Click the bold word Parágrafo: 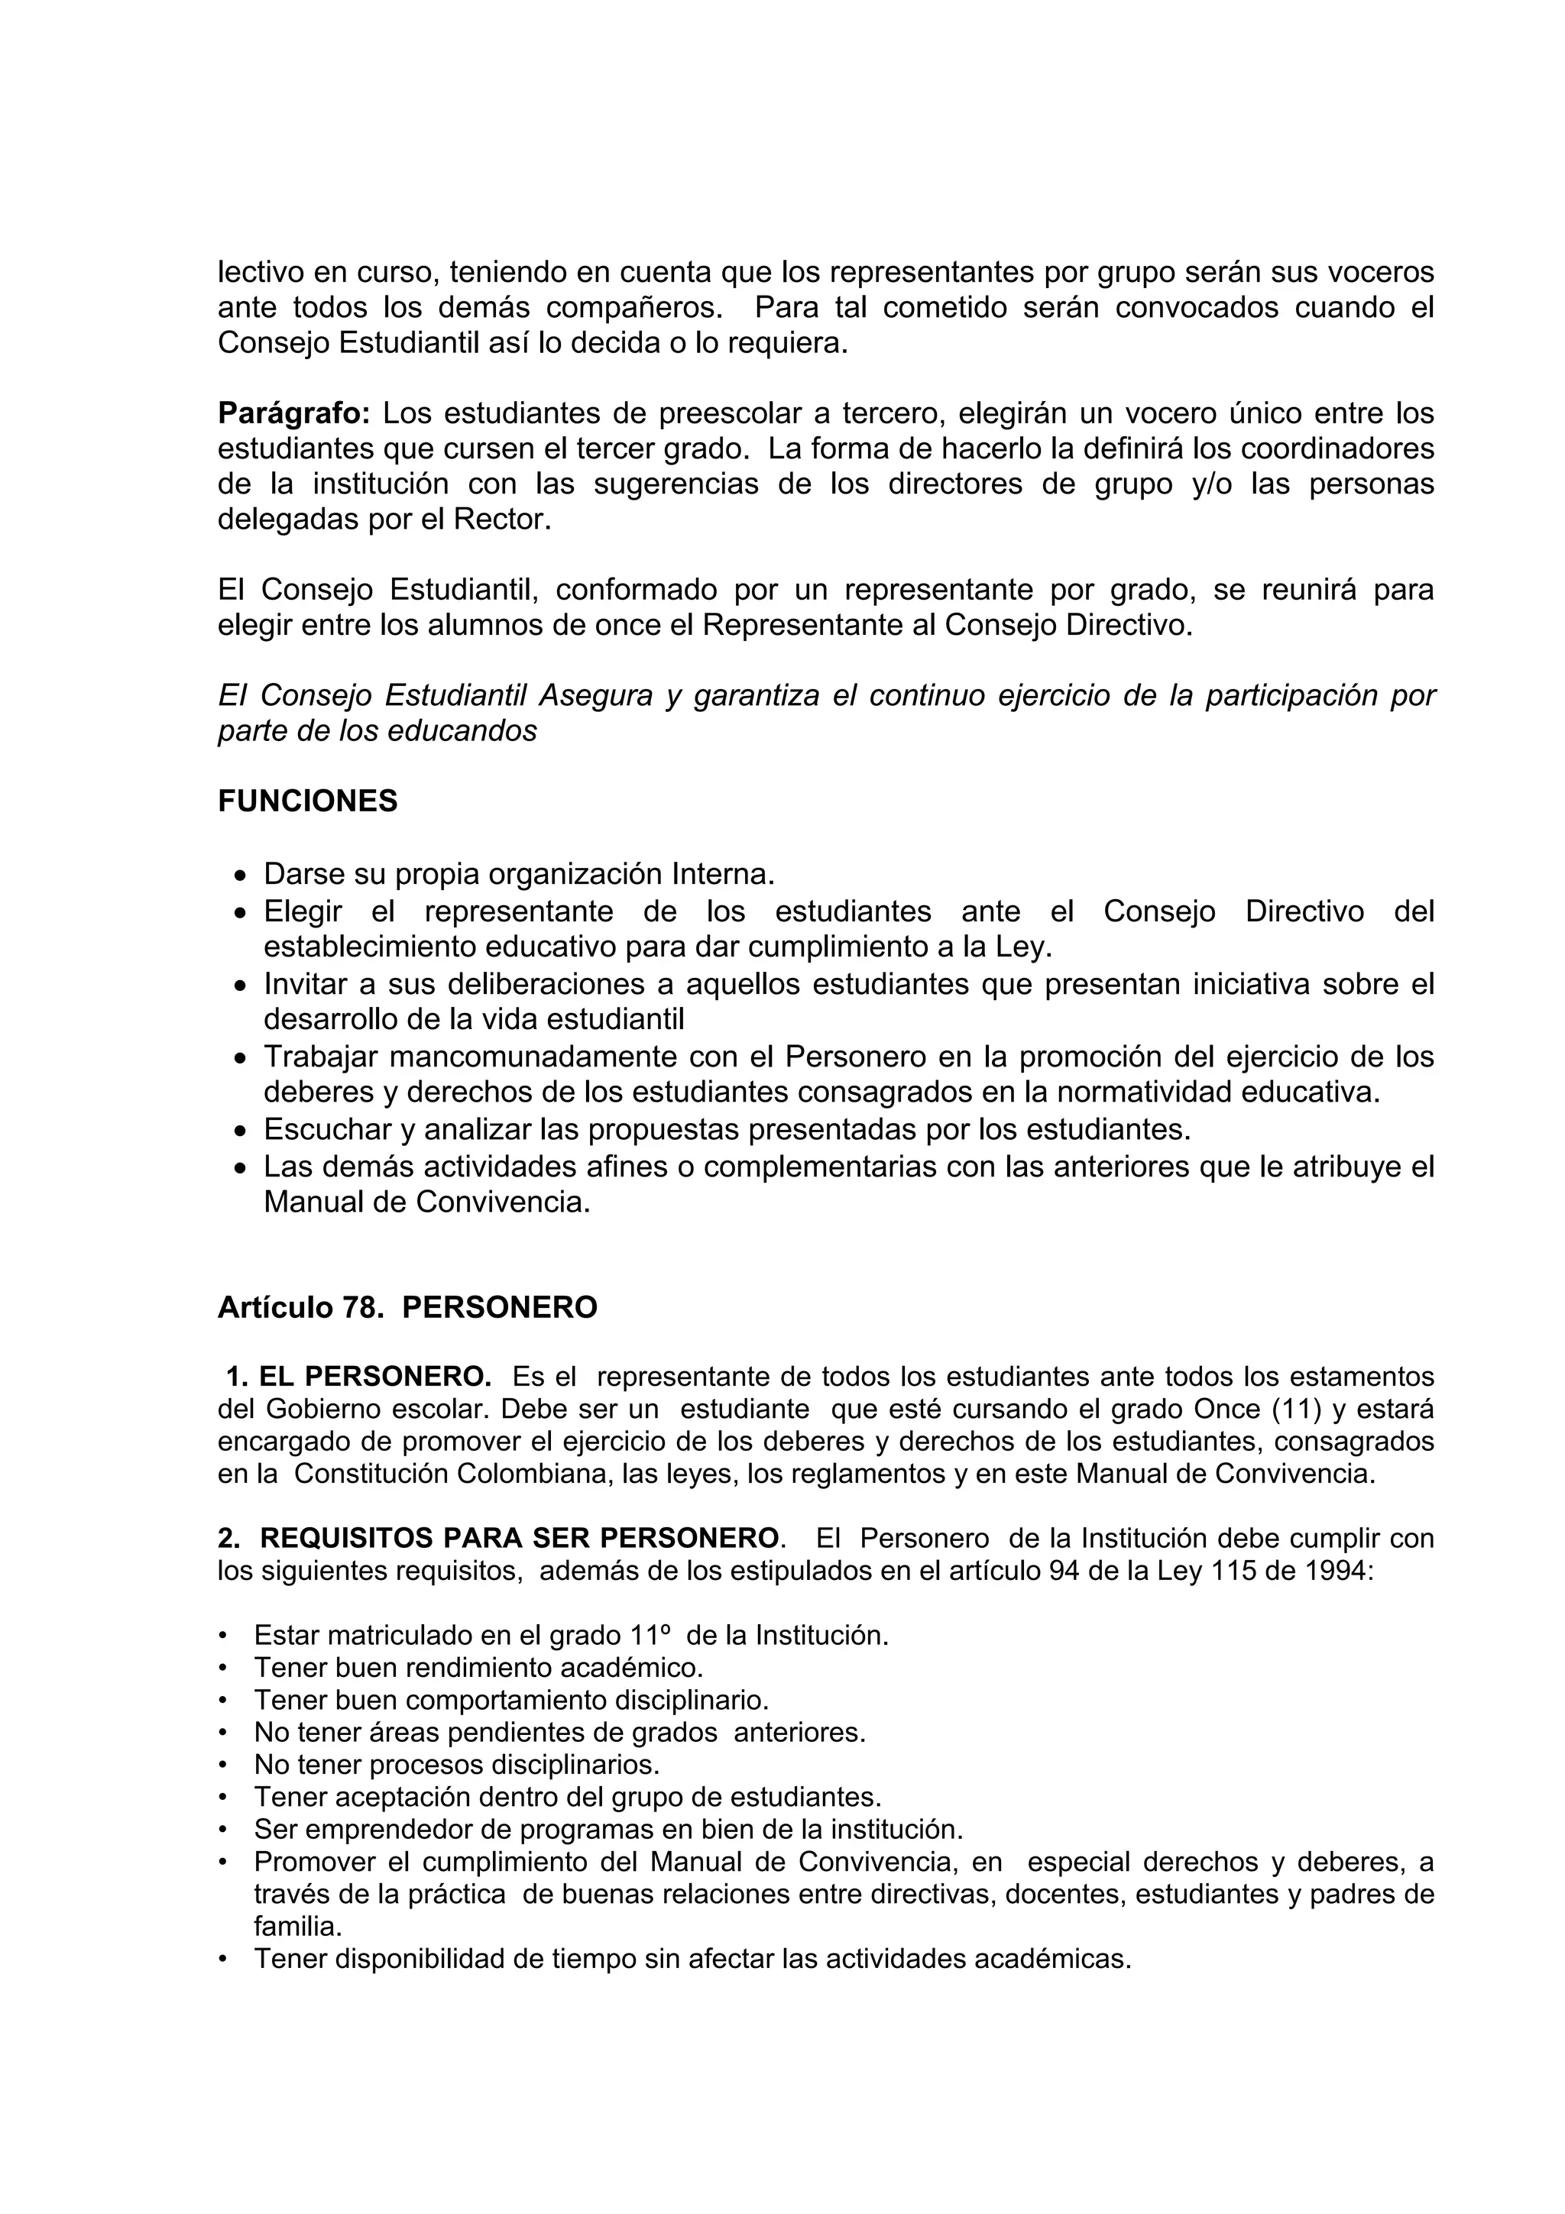click(293, 413)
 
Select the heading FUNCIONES click(308, 801)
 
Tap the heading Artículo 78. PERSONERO click(407, 1308)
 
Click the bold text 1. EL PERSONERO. click(358, 1376)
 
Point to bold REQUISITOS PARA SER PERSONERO click(519, 1537)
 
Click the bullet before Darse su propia click(241, 876)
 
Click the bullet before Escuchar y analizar click(241, 1130)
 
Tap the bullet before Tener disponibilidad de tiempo click(224, 1960)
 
